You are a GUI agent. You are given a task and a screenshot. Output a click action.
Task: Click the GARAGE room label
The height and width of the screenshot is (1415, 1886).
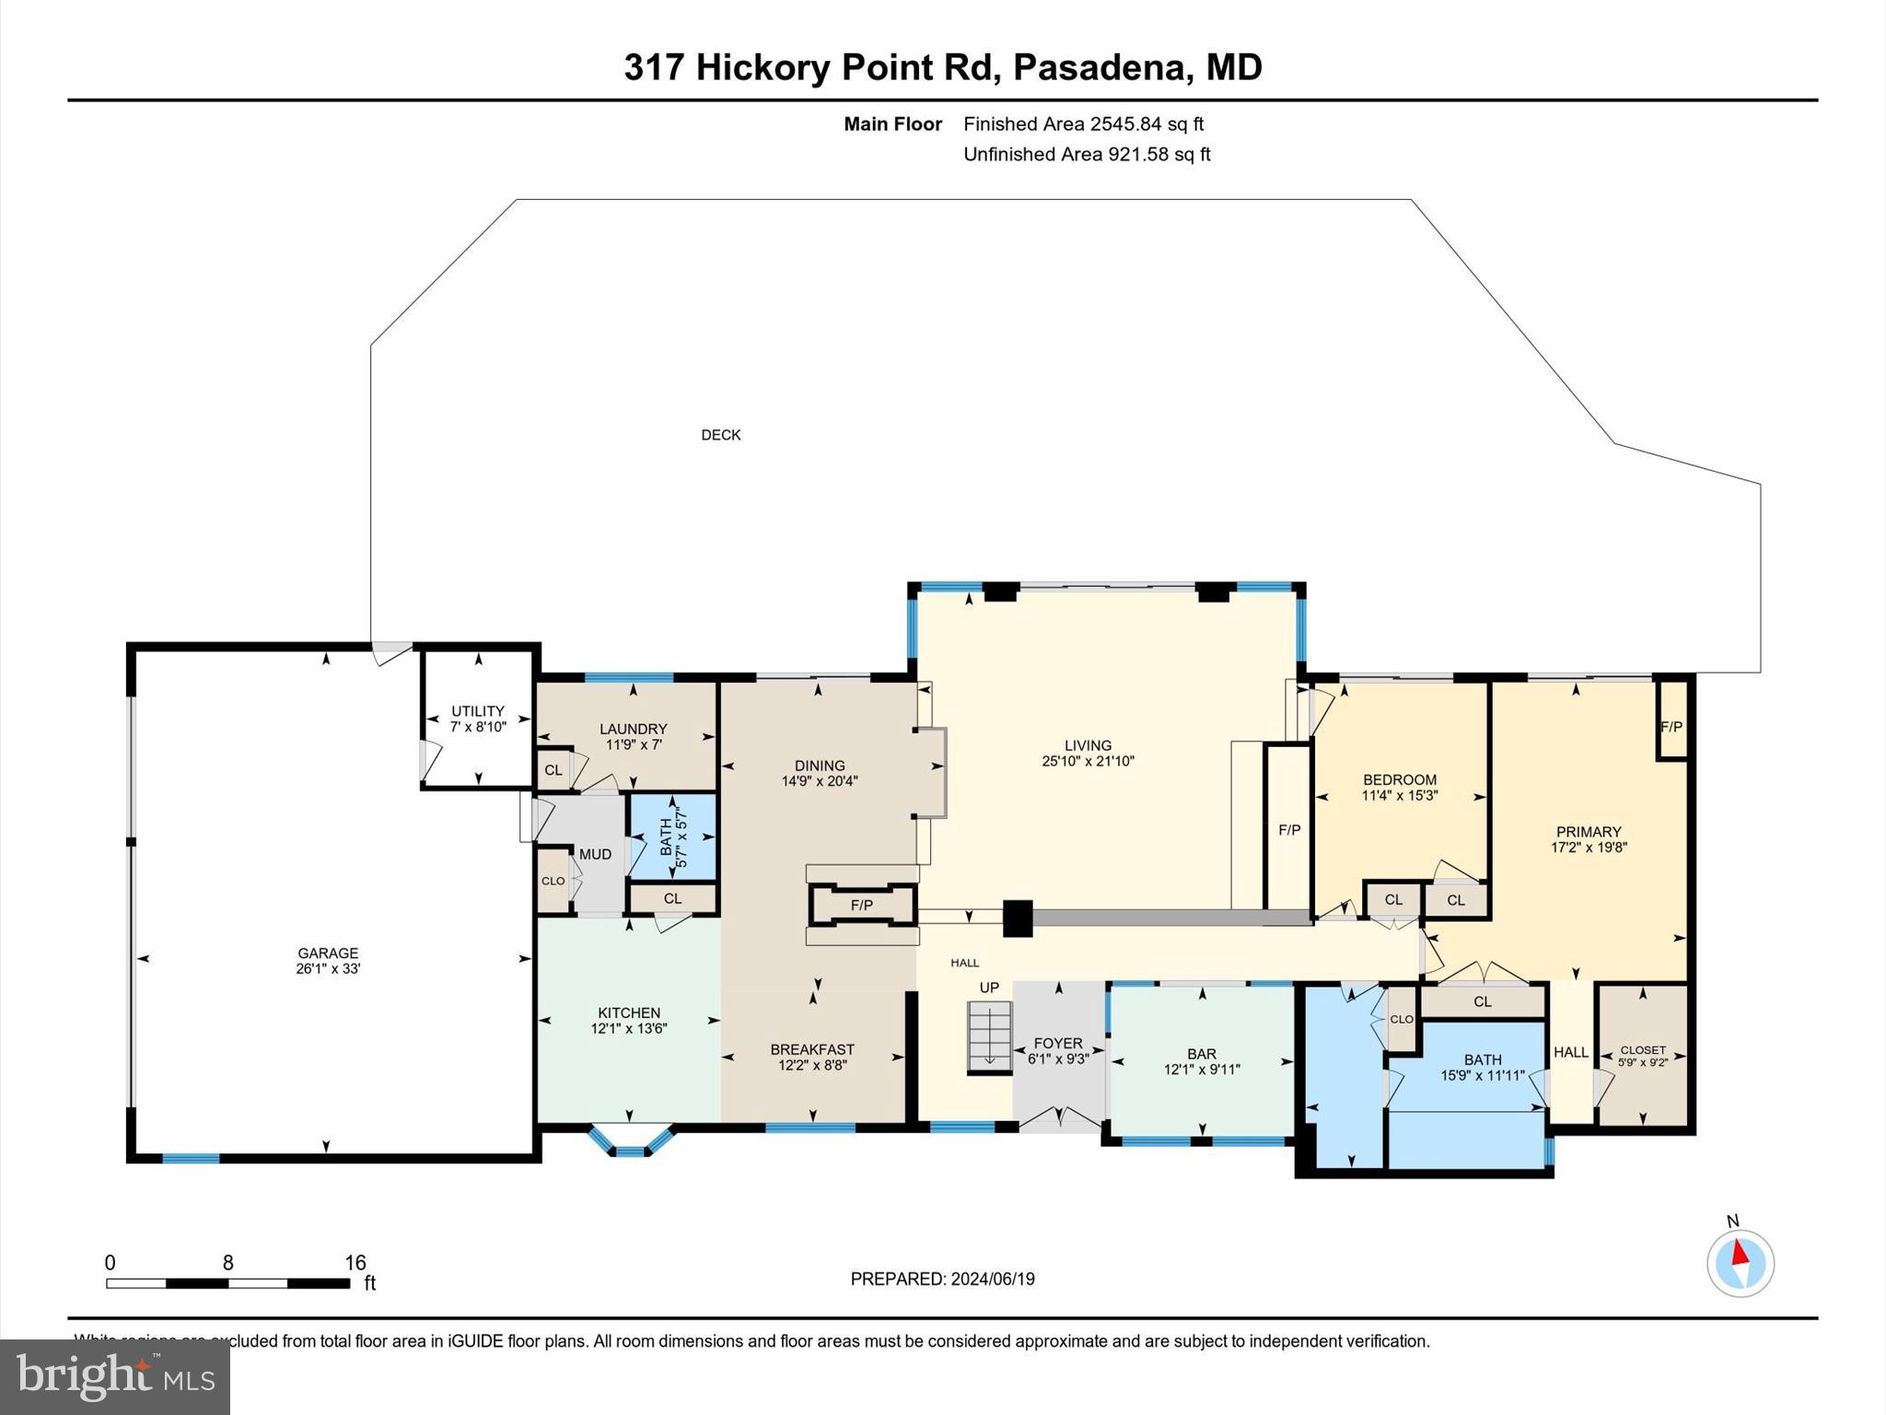pos(328,953)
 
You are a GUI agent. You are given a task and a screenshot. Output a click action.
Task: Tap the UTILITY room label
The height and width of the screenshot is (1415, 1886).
pos(477,711)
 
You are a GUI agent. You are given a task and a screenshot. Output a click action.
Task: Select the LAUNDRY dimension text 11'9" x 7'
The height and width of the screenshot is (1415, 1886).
pos(633,744)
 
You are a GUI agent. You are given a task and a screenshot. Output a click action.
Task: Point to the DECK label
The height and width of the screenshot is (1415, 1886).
pos(720,435)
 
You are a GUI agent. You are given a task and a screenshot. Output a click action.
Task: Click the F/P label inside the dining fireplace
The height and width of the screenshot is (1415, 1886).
pos(861,906)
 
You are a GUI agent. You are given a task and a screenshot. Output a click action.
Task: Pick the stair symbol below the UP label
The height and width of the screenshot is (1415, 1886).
pos(989,1037)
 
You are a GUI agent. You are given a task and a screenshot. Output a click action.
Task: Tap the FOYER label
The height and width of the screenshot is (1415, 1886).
pos(1058,1043)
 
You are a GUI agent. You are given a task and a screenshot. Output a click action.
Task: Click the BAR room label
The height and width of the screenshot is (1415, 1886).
pos(1201,1054)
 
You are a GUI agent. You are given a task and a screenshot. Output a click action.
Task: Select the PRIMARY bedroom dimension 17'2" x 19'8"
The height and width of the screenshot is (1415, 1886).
pos(1589,848)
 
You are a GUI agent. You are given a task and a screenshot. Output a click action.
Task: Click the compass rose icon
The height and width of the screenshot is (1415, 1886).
pos(1740,1263)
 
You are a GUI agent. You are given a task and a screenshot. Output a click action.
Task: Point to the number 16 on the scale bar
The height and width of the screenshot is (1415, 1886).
pos(355,1263)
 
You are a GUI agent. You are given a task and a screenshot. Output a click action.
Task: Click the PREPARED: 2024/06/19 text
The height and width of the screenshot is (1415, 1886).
pos(942,1279)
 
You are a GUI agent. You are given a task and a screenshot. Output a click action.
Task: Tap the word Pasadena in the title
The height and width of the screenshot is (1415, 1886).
pos(1100,67)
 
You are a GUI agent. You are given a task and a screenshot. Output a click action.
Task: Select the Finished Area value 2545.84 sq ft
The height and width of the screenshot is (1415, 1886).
pos(1147,123)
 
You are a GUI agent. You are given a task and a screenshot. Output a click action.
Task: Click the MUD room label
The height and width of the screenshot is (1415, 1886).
pos(595,854)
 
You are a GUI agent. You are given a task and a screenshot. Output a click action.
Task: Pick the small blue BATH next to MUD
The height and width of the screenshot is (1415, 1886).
pos(672,836)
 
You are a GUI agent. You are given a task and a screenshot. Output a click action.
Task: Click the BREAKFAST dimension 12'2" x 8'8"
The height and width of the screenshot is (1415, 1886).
pos(811,1065)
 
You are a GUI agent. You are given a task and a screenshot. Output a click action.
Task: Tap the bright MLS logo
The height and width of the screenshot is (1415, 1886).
pos(115,1376)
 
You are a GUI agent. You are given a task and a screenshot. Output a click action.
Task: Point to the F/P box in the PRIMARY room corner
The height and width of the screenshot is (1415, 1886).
pos(1671,726)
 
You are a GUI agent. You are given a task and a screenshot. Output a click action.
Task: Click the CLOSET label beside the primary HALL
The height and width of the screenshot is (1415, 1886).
pos(1643,1049)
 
